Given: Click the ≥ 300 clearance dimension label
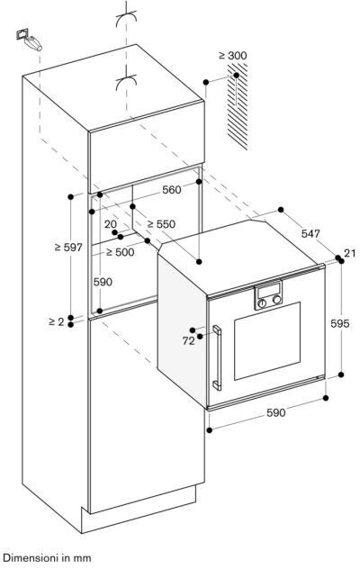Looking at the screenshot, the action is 232,56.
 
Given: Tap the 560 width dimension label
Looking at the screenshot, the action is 171,189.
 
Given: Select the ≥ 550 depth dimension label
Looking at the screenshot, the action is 161,224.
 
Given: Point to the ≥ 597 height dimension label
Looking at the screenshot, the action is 68,248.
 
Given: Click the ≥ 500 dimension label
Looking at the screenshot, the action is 120,252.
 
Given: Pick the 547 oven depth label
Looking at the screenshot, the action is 310,234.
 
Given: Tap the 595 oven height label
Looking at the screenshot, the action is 340,323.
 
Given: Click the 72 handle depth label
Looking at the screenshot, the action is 188,340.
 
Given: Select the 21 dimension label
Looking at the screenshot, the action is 349,253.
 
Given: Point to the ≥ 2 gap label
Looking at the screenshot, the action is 56,321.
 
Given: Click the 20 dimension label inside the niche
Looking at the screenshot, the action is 111,224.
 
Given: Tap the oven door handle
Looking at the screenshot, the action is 217,357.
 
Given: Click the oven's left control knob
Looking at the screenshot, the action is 262,303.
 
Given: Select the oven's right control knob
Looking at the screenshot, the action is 277,300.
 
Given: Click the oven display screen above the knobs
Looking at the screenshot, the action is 268,290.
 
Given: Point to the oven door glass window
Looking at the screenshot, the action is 267,340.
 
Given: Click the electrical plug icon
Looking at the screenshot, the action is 29,40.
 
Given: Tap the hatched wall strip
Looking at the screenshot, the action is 238,106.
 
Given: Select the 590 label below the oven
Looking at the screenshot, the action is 275,412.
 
